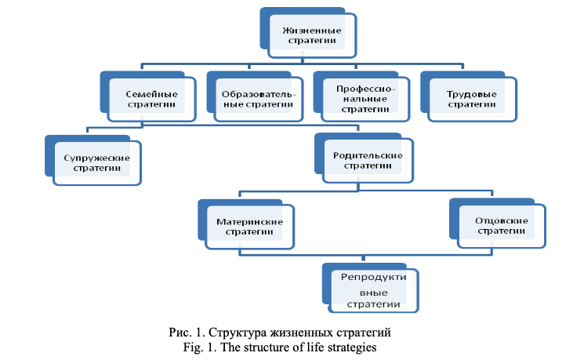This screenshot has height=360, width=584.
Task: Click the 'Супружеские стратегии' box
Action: [x=97, y=162]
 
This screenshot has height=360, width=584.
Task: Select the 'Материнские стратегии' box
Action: [x=249, y=227]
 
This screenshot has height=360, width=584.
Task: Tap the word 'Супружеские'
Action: [x=97, y=157]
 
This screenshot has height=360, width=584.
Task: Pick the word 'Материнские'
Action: [x=249, y=221]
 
